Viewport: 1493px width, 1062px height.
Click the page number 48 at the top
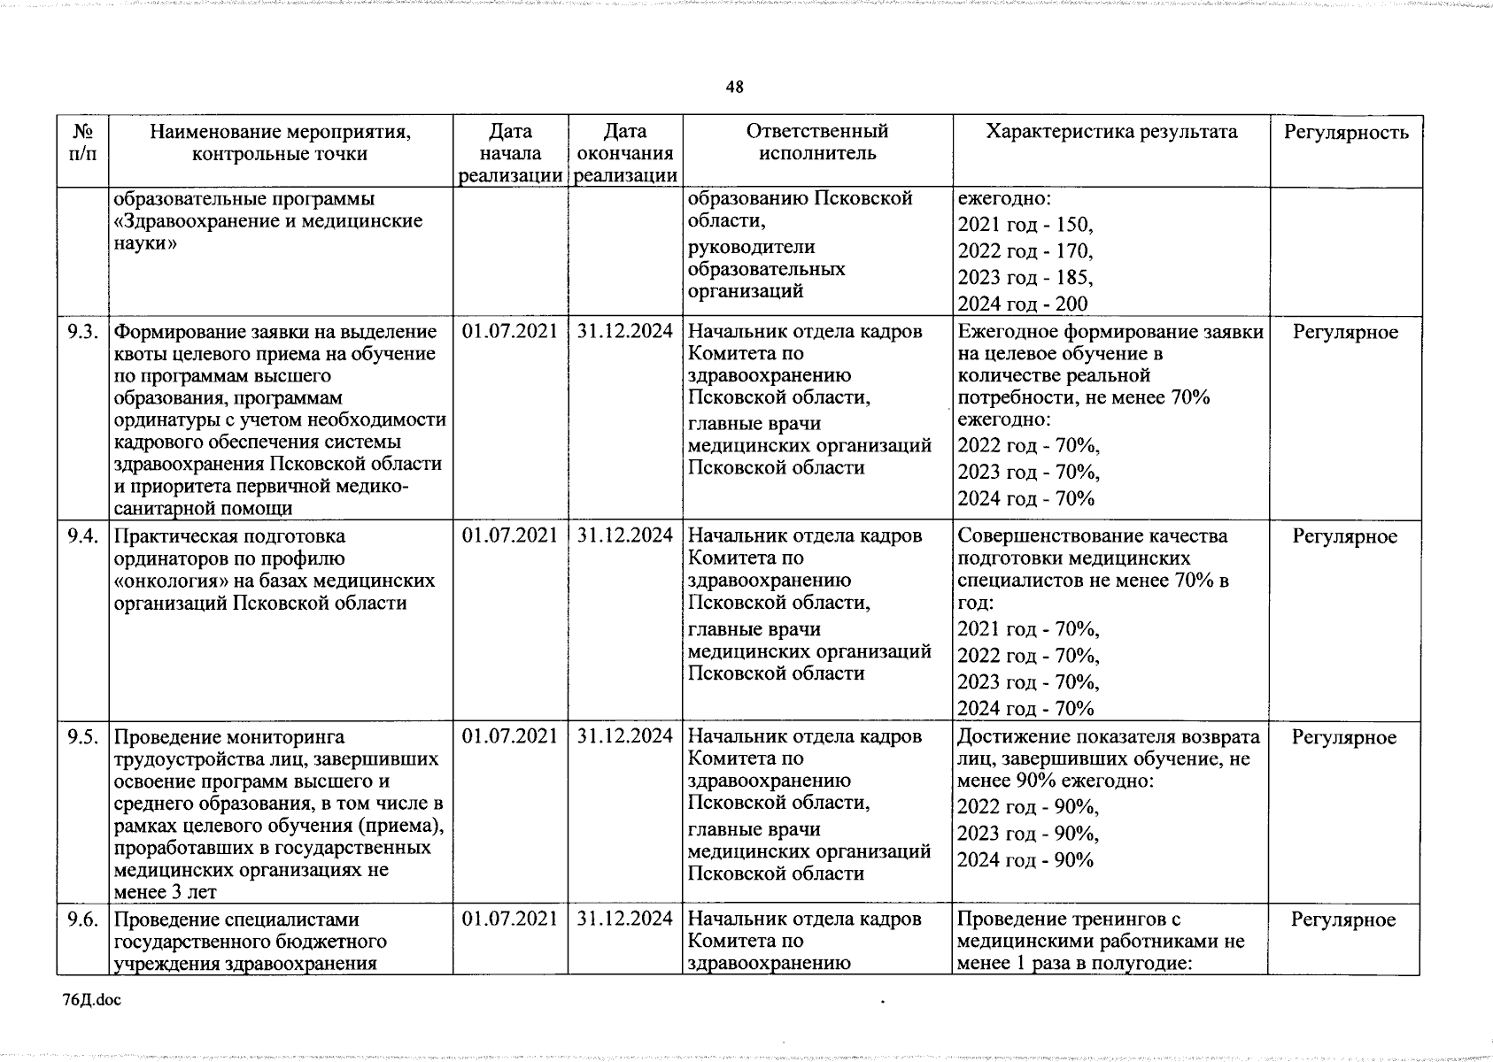pyautogui.click(x=734, y=87)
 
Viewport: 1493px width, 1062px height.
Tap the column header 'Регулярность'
pyautogui.click(x=1346, y=133)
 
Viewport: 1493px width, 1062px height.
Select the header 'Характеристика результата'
pyautogui.click(x=1111, y=132)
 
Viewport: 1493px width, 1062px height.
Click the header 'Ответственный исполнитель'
pyautogui.click(x=816, y=142)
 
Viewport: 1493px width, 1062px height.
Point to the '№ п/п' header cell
pyautogui.click(x=82, y=142)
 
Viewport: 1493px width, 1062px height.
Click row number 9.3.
pyautogui.click(x=82, y=332)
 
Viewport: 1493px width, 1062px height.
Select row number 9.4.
pyautogui.click(x=82, y=536)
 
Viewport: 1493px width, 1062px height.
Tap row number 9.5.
pyautogui.click(x=82, y=737)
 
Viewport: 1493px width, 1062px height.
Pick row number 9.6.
pyautogui.click(x=82, y=920)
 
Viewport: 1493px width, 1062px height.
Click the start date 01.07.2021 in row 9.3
pyautogui.click(x=510, y=332)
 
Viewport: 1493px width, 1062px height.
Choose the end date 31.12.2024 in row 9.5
pyautogui.click(x=625, y=737)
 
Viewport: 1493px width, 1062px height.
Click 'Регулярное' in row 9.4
pyautogui.click(x=1345, y=536)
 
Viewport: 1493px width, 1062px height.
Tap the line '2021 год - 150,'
pyautogui.click(x=1025, y=225)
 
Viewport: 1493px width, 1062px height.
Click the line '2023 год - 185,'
pyautogui.click(x=1025, y=278)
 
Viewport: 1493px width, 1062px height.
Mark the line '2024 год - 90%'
pyautogui.click(x=1025, y=860)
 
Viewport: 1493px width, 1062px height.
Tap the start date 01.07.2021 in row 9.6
pyautogui.click(x=510, y=920)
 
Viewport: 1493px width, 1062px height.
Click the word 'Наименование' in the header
pyautogui.click(x=216, y=133)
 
